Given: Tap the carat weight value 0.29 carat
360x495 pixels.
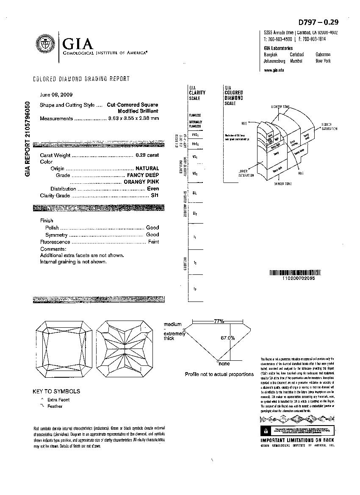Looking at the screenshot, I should coord(147,155).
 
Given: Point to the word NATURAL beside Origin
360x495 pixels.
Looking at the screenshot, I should coord(147,169).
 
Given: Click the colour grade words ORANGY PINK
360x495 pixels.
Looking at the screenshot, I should coord(141,182).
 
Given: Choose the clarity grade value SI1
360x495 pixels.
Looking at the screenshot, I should coord(155,196).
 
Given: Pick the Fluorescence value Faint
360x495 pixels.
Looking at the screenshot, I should coord(153,242).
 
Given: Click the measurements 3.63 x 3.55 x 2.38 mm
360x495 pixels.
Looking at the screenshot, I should coord(133,119).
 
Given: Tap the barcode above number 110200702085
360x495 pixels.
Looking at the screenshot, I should coord(292,273).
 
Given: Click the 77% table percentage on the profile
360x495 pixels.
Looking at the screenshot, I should coord(219,321).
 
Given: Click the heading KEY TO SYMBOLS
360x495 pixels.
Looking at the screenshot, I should coord(56,391).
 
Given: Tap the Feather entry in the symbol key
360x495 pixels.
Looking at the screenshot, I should coord(55,407).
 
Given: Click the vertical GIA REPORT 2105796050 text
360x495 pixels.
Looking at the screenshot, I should coord(28,139).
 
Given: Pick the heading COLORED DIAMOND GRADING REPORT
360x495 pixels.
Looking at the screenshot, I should coord(81,79).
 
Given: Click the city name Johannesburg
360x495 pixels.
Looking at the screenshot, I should coord(274,61).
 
